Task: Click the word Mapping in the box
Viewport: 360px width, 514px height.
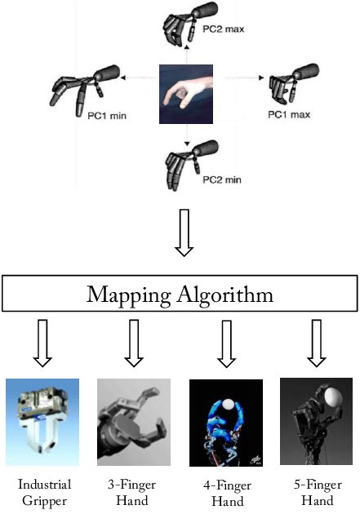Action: click(x=129, y=295)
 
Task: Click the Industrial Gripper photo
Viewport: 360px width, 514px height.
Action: click(x=42, y=416)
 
